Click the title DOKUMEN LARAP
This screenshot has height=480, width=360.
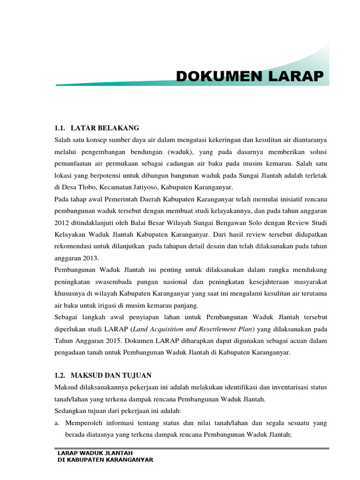click(x=249, y=76)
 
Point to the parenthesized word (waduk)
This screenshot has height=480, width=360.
click(x=181, y=152)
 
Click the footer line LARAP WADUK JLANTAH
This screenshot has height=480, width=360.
click(x=95, y=453)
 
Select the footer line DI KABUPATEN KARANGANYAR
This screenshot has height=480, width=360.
click(x=105, y=460)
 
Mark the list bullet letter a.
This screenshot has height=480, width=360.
click(x=57, y=423)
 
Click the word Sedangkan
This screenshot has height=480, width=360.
click(x=72, y=411)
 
